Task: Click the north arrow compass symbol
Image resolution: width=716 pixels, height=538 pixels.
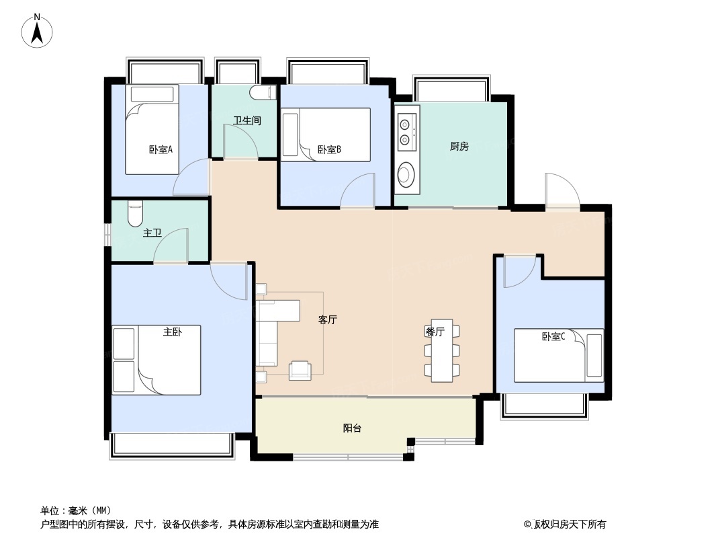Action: click(x=37, y=31)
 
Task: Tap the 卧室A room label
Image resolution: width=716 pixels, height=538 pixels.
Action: click(x=161, y=149)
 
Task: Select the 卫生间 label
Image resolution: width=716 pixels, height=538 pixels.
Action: click(x=247, y=120)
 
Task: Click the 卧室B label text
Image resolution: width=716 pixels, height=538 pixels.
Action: click(x=329, y=149)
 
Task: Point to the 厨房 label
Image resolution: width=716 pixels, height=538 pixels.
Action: click(x=459, y=147)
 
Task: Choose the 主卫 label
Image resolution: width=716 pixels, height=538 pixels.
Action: click(x=152, y=233)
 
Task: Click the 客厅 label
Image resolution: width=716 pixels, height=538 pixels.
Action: click(x=327, y=319)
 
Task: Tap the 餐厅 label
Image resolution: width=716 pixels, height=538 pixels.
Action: click(x=435, y=332)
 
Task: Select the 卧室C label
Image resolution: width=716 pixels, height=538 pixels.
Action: click(x=553, y=336)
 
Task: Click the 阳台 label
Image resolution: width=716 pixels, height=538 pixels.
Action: click(x=352, y=428)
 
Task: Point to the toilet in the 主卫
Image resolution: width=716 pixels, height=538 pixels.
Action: click(x=135, y=214)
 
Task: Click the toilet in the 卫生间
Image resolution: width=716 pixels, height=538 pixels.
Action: click(x=263, y=93)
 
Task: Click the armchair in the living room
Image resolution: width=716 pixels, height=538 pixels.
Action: click(x=300, y=371)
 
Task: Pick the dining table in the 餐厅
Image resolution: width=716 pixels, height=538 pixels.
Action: click(x=442, y=350)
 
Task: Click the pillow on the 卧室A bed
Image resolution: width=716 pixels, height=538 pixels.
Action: click(x=152, y=94)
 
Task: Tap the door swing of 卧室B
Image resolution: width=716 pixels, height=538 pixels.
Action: click(x=357, y=190)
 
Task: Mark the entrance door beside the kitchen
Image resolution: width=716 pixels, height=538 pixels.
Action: click(x=562, y=190)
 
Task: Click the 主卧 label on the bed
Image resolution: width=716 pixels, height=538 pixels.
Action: click(x=173, y=332)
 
